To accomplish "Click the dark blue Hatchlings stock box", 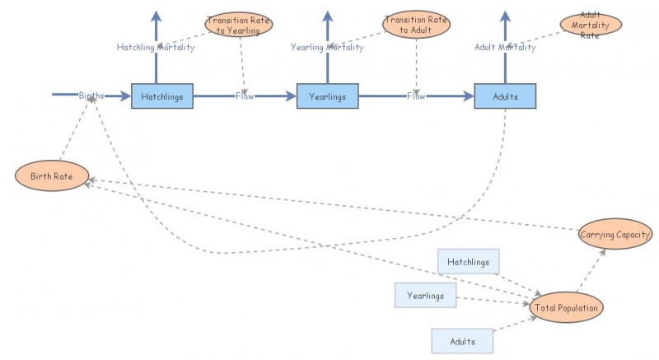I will [x=161, y=96].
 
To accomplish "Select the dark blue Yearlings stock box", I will [x=327, y=96].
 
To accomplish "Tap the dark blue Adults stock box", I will [x=505, y=96].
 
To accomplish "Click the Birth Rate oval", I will [x=51, y=176].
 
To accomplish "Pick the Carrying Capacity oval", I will [x=615, y=235].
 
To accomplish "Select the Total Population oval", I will [x=568, y=307].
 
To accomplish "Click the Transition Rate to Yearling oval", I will [x=239, y=25].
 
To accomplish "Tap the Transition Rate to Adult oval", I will [x=417, y=25].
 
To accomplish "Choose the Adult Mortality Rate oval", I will [x=590, y=25].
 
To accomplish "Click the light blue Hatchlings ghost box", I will [x=468, y=263].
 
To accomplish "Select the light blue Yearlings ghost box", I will [x=425, y=295].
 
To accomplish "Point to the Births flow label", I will [x=91, y=96].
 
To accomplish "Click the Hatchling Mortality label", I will [x=156, y=48].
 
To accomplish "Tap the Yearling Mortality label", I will [x=327, y=48].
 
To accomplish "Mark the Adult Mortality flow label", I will [x=505, y=48].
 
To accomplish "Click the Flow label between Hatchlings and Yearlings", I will [x=245, y=96].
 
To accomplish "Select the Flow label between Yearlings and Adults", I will [x=417, y=96].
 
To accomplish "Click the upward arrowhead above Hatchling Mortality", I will [x=156, y=16].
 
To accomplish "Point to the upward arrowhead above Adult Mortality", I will [x=505, y=16].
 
